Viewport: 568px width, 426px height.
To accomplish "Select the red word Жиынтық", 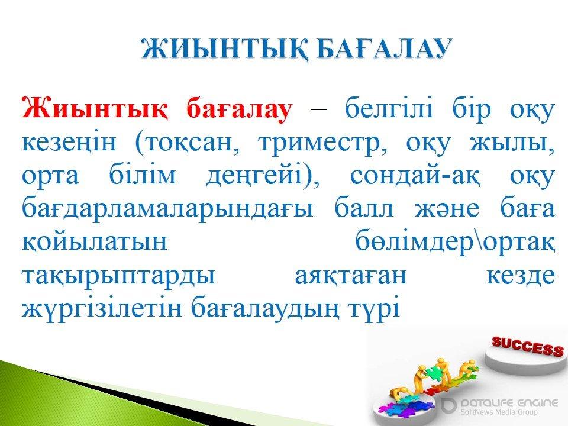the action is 95,108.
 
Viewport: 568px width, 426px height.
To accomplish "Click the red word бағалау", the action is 239,109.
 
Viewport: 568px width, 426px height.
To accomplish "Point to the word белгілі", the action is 388,108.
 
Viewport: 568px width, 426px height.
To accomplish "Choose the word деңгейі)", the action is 263,177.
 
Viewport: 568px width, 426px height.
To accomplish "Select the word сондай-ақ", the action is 415,177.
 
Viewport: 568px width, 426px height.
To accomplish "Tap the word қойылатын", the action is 95,241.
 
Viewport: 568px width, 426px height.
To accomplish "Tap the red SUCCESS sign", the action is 527,346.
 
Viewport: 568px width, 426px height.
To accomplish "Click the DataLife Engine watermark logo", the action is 499,405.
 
